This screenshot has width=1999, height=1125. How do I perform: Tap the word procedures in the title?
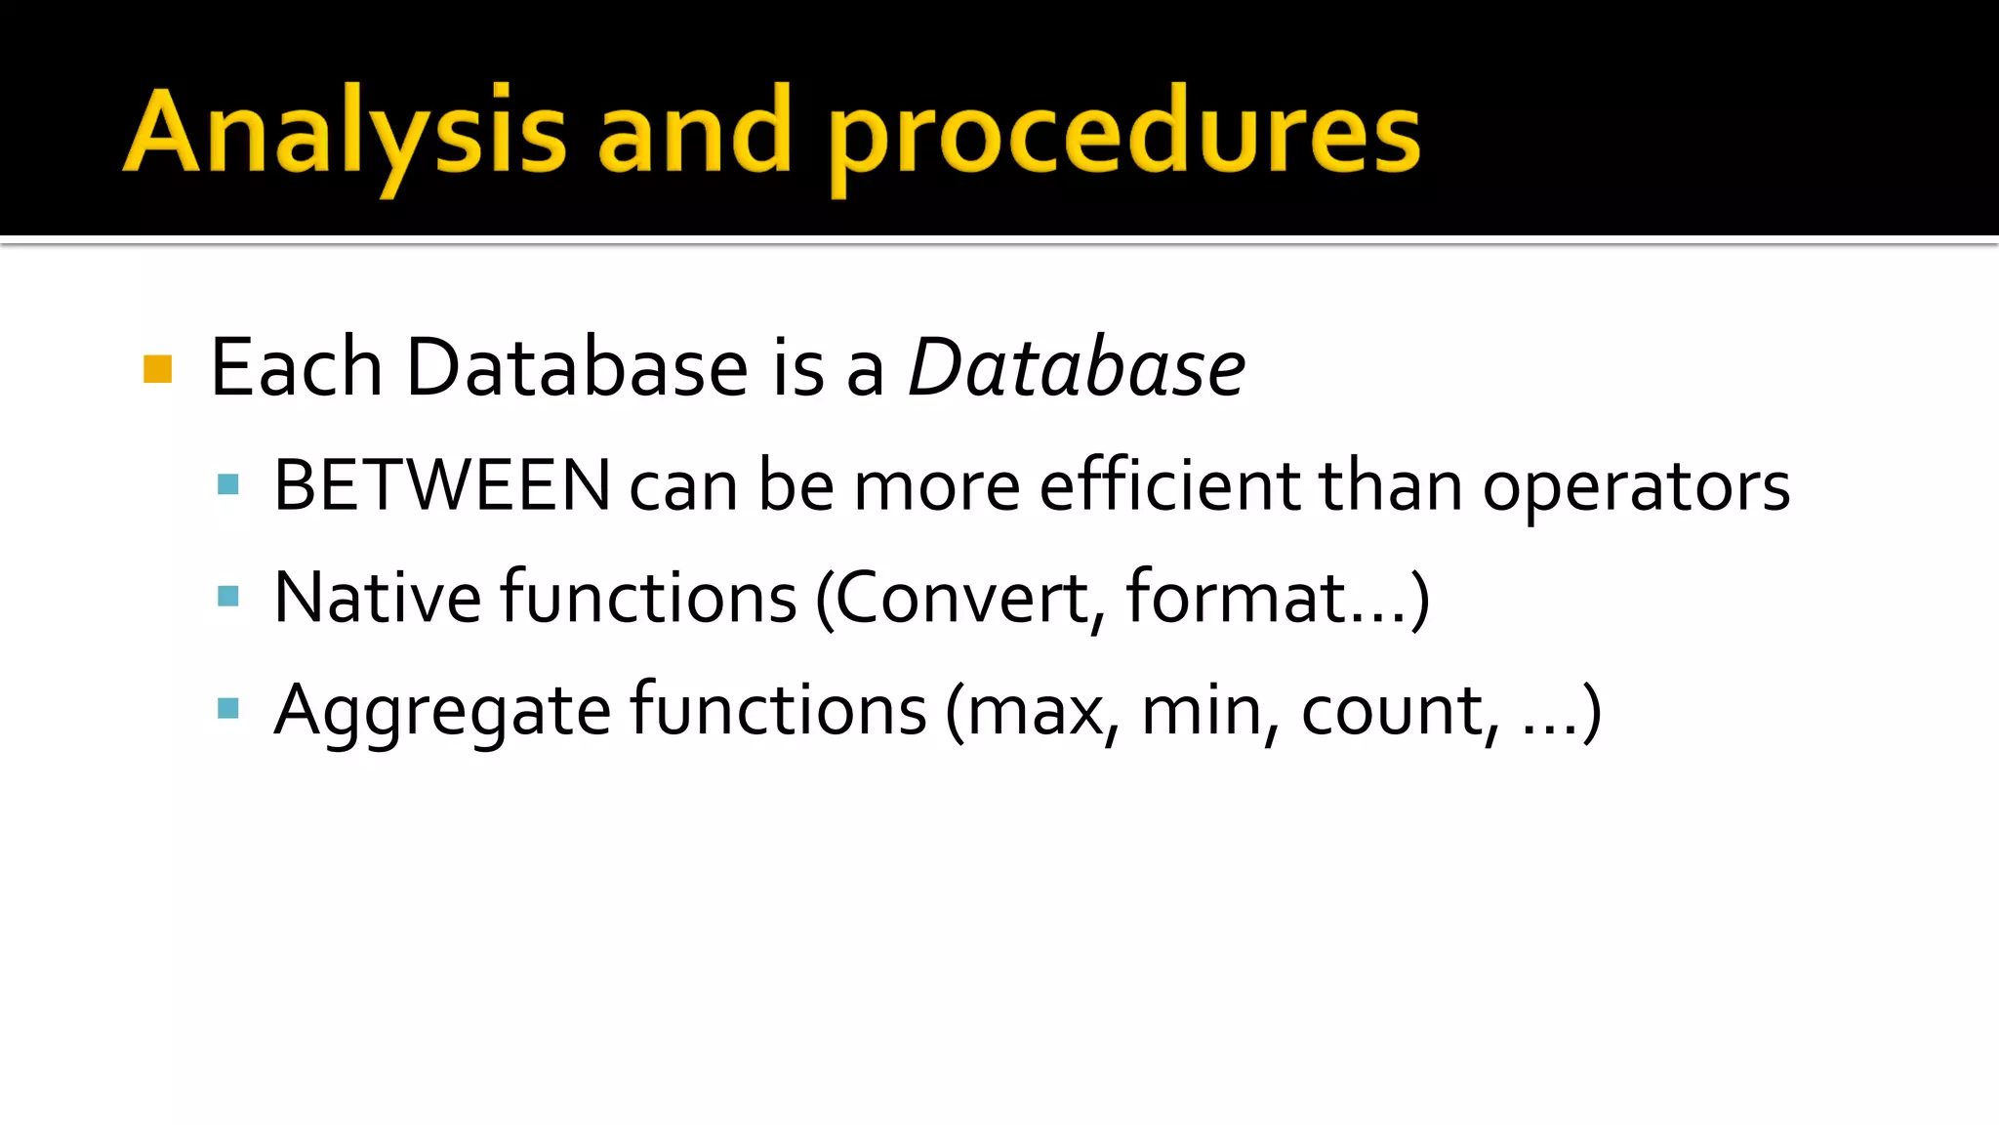(x=1124, y=137)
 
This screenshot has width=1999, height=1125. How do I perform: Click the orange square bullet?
(x=157, y=369)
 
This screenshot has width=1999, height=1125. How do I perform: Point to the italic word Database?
(x=1076, y=367)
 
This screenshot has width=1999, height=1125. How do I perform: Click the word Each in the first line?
(x=296, y=367)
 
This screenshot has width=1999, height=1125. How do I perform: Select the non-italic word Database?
(x=577, y=367)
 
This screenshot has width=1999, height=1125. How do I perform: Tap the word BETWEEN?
(x=442, y=485)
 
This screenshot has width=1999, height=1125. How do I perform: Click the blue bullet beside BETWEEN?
(x=228, y=484)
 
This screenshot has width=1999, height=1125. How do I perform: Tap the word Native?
(x=378, y=597)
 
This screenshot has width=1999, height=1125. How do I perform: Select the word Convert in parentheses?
(x=962, y=597)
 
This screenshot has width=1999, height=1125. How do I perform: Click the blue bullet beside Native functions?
(x=228, y=596)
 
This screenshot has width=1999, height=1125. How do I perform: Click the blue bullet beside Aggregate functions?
(x=228, y=708)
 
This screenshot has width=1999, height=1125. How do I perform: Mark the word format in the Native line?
(x=1237, y=597)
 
